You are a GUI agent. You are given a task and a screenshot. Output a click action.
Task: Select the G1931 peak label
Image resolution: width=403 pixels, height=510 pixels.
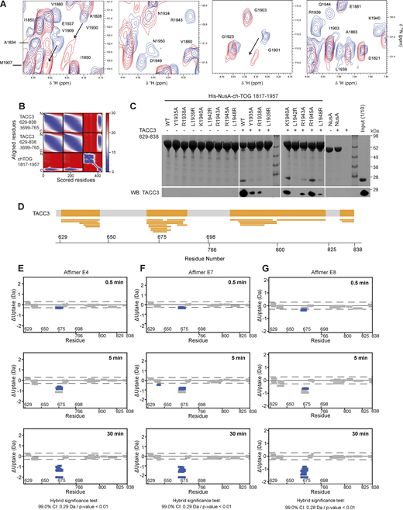274,50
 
